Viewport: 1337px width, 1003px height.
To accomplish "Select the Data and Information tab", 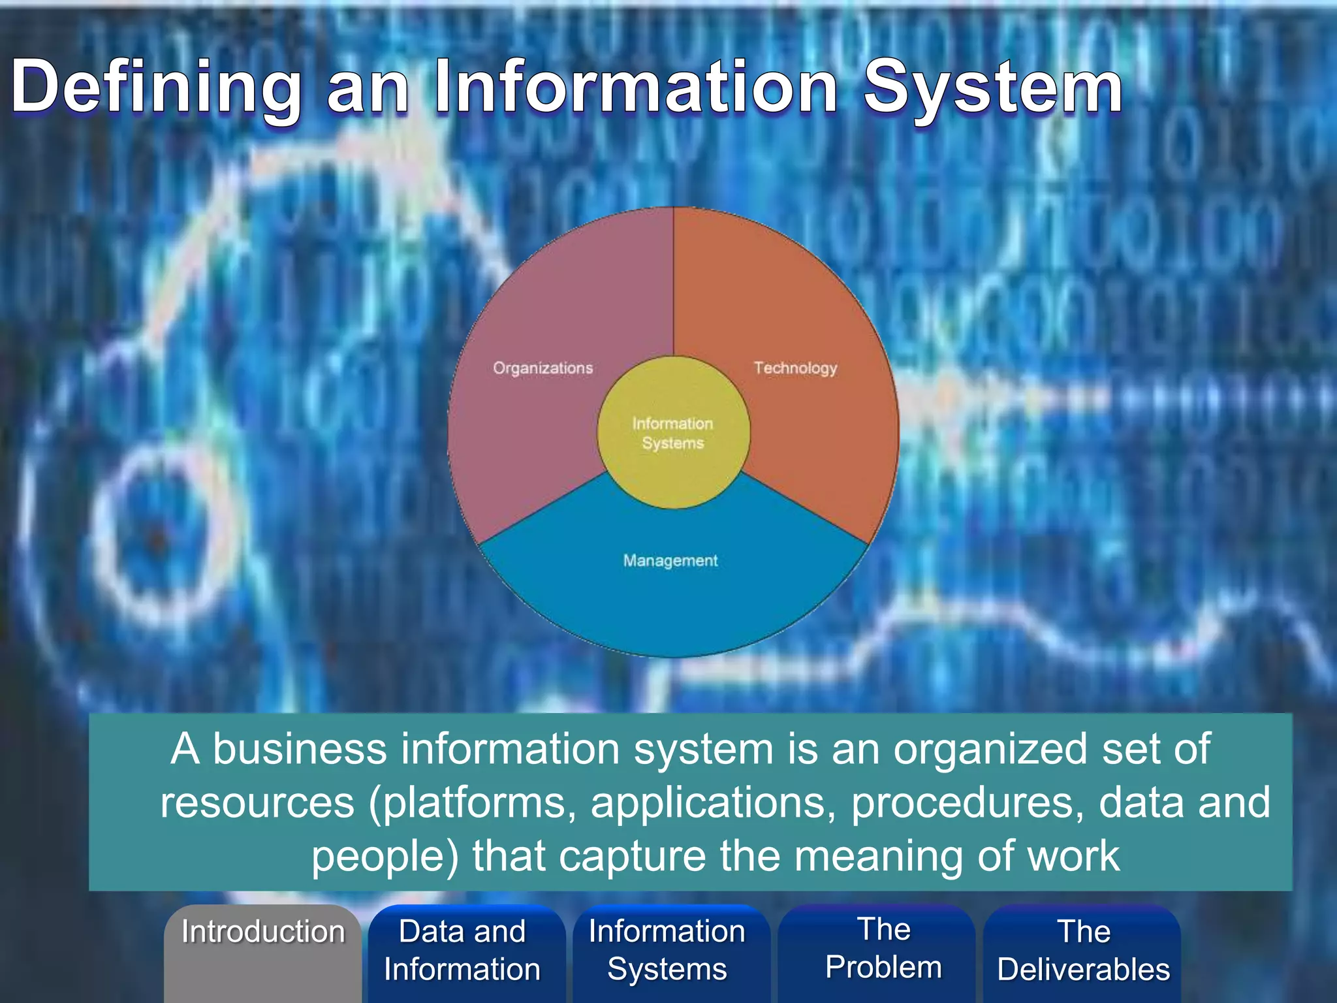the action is (x=462, y=950).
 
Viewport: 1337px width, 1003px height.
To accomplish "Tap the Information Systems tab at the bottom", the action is (x=667, y=950).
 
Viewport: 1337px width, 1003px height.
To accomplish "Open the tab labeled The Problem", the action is (x=883, y=948).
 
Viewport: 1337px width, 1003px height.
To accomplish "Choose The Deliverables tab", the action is (x=1084, y=950).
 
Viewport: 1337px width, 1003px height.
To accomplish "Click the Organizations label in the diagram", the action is (x=543, y=368).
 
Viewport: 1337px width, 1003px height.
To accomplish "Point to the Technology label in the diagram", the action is (x=795, y=368).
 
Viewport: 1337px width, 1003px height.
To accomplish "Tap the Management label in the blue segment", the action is (x=670, y=561).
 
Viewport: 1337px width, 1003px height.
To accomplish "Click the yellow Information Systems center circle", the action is (x=673, y=433).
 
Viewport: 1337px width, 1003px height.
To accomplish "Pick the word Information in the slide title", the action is (x=637, y=86).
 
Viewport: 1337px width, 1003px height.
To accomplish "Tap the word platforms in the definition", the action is (x=474, y=803).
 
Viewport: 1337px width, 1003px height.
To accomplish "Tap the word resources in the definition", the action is (x=258, y=803).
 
